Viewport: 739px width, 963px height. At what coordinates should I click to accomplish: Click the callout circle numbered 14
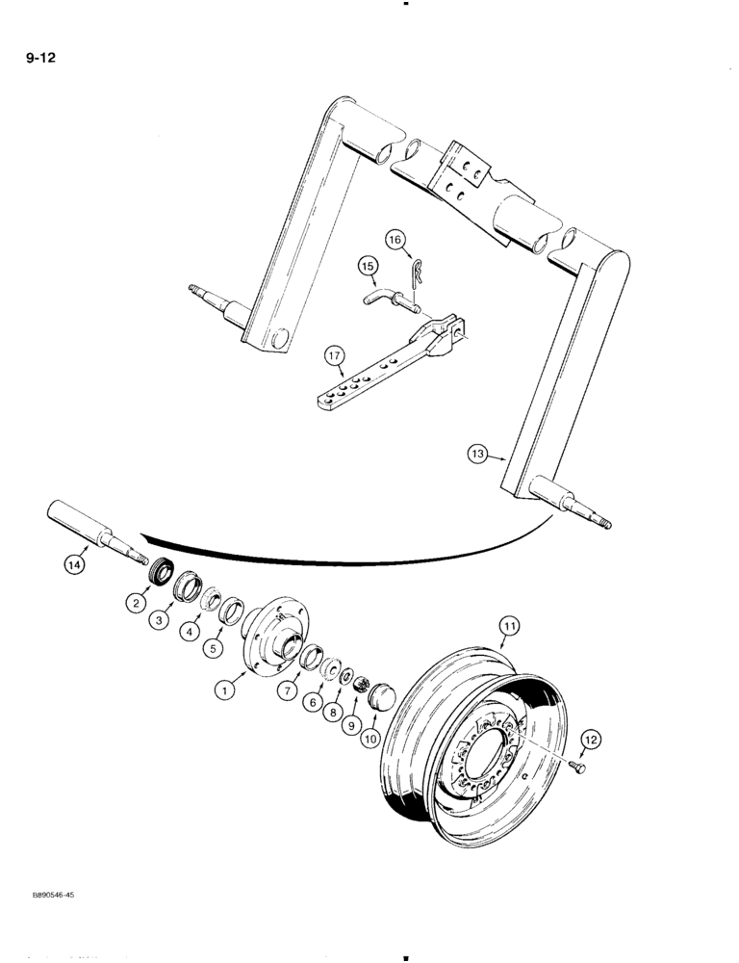75,565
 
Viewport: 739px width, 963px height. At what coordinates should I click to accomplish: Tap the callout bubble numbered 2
137,603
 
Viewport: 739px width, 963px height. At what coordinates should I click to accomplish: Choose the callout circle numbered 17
592,739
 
